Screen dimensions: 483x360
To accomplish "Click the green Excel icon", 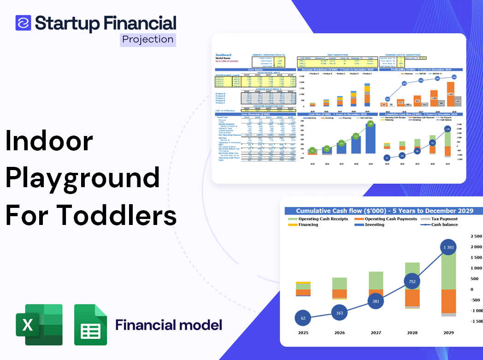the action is pos(39,325).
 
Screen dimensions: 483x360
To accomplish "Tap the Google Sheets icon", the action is pos(90,325).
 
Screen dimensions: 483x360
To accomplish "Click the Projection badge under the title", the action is pos(148,40).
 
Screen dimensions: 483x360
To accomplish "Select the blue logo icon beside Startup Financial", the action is pos(23,23).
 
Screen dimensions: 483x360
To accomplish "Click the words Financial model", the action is pos(168,325).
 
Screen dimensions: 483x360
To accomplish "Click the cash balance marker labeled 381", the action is pos(376,301).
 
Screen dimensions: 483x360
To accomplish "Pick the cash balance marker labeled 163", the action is pos(340,313).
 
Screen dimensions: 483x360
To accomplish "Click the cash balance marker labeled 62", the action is pos(303,318).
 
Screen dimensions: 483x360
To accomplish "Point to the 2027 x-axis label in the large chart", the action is pos(376,332).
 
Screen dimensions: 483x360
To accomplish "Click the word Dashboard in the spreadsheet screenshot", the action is pos(224,55).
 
